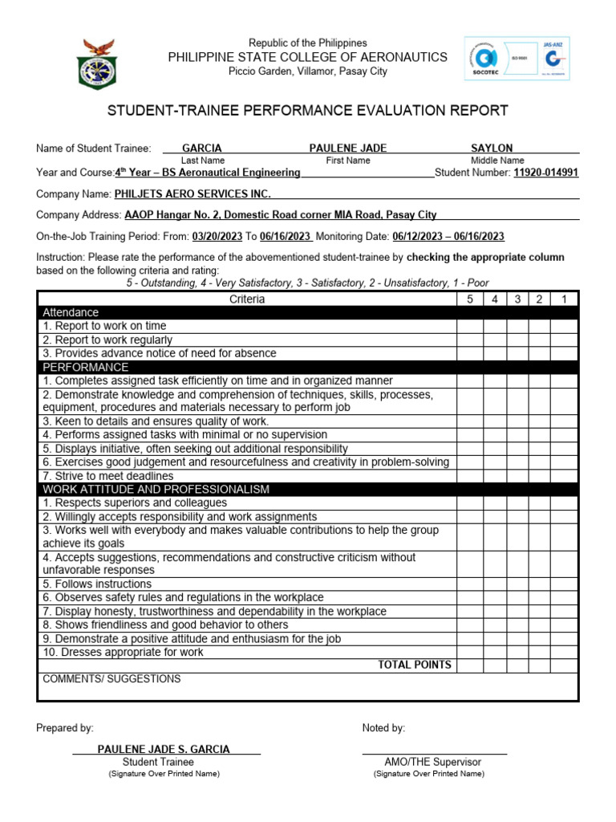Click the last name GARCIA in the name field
pos(202,148)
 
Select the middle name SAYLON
pos(492,148)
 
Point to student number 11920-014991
pos(545,172)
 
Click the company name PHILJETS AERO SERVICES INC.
pos(192,193)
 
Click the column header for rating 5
pos(470,299)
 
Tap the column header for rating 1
pos(564,299)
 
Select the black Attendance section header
pos(71,312)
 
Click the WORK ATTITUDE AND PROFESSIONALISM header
pos(156,489)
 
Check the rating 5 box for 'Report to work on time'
pos(470,326)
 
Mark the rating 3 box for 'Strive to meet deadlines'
pos(517,475)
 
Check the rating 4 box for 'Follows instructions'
pos(495,584)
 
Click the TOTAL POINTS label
pos(415,665)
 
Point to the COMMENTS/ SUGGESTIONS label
pos(111,678)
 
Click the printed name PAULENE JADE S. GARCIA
pos(164,749)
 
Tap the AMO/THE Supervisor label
pos(432,762)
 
